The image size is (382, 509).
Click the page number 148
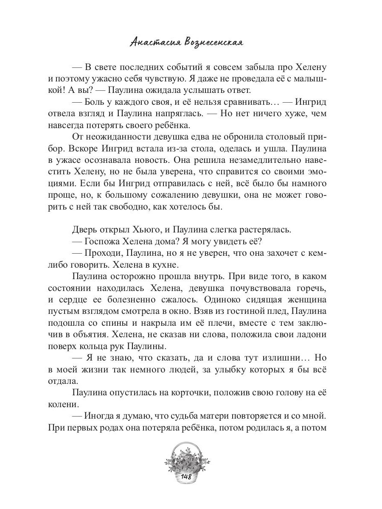(186, 477)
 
